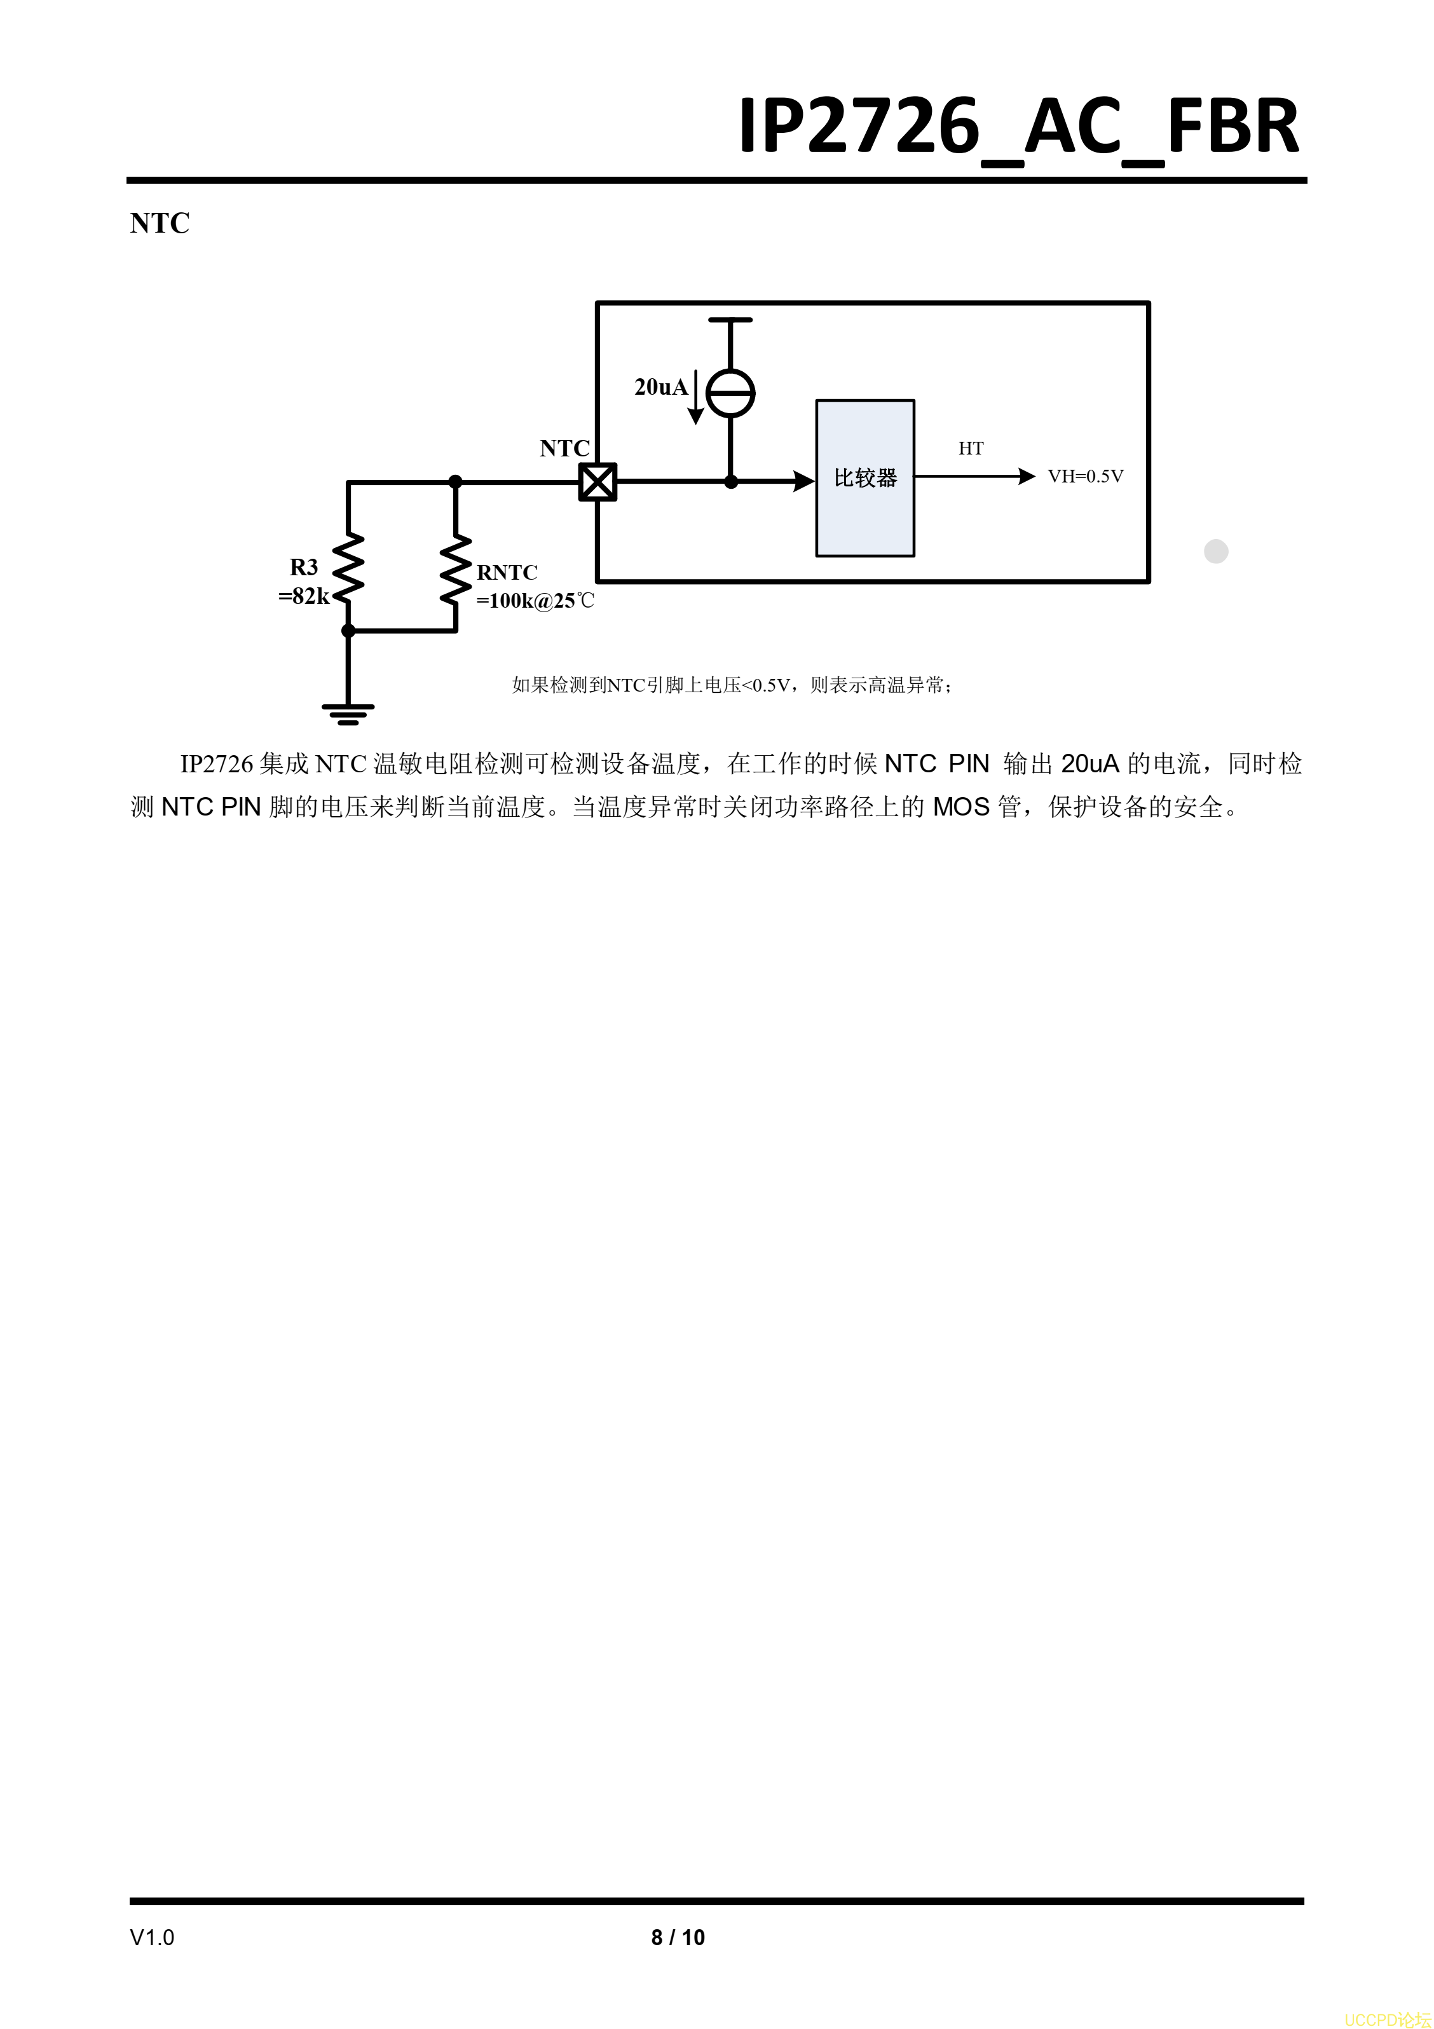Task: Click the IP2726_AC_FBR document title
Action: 1019,127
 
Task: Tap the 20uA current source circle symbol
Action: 731,393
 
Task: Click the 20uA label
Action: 661,387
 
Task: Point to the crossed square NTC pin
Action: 597,482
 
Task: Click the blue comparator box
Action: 865,478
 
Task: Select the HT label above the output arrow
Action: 971,448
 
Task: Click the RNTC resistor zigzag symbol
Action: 456,571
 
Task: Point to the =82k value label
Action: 304,596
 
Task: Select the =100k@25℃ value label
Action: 535,601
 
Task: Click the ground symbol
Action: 348,714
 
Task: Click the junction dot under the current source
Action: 731,482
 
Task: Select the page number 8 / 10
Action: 678,1937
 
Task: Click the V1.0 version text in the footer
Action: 152,1937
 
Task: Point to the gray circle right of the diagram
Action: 1216,552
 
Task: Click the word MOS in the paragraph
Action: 961,807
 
